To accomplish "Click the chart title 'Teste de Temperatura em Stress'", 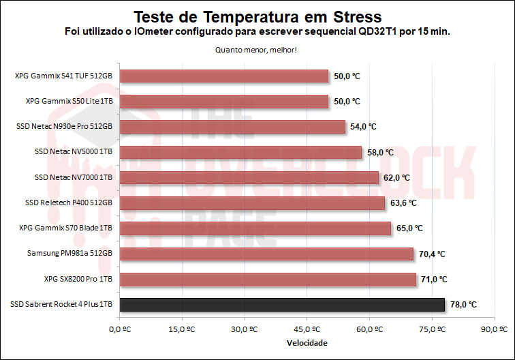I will tap(257, 16).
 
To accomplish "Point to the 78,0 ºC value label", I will tap(463, 305).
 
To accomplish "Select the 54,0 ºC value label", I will tap(362, 127).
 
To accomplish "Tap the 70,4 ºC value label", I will tap(431, 254).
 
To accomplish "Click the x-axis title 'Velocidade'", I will tap(307, 343).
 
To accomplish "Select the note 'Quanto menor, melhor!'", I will tap(256, 50).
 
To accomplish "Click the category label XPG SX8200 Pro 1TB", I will tap(78, 280).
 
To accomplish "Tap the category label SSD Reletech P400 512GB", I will tap(68, 203).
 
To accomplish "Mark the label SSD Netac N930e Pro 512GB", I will tap(64, 127).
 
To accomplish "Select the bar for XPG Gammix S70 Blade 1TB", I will tap(255, 228).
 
